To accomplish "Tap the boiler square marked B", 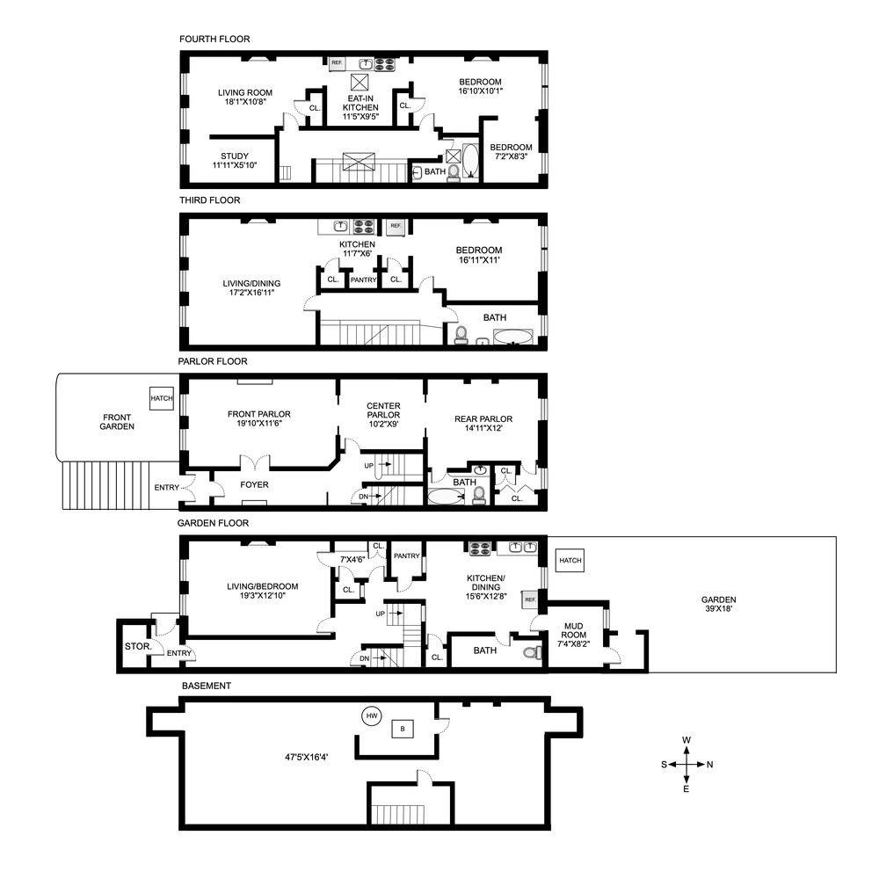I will [403, 728].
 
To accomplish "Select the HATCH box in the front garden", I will [162, 398].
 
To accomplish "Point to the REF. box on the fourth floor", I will [337, 63].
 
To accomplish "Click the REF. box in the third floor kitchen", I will [396, 226].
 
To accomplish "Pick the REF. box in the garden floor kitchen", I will [530, 599].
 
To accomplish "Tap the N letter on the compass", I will [709, 765].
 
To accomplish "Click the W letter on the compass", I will [686, 740].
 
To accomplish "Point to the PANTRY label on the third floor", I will [363, 280].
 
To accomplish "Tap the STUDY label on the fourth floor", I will [235, 156].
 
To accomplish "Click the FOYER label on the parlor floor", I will [254, 484].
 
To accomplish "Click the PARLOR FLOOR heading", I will [212, 361].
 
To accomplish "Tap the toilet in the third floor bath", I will [461, 334].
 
